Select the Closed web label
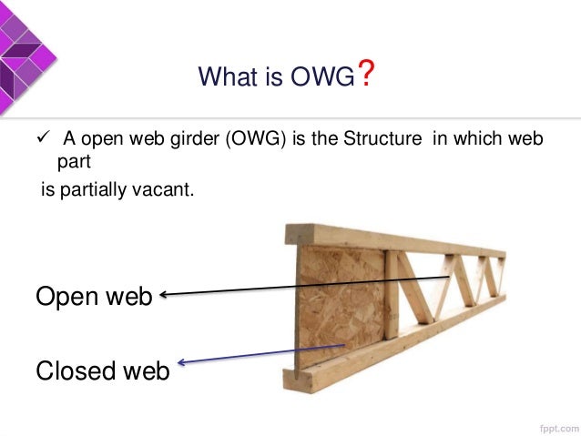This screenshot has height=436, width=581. [x=102, y=370]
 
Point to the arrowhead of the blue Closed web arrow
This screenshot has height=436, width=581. [x=182, y=364]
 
